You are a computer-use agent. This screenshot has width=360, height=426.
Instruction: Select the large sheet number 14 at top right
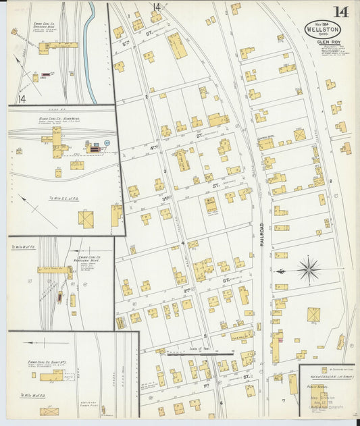pos(340,12)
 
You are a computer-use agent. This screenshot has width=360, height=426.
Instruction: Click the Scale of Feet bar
pos(200,352)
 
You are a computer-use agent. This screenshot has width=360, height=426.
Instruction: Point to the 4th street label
pos(154,147)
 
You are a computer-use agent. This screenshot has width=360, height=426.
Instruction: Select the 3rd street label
pos(165,199)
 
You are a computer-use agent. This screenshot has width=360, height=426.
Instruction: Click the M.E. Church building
pos(211,203)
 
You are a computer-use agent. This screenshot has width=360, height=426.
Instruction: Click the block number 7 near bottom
pos(284,401)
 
